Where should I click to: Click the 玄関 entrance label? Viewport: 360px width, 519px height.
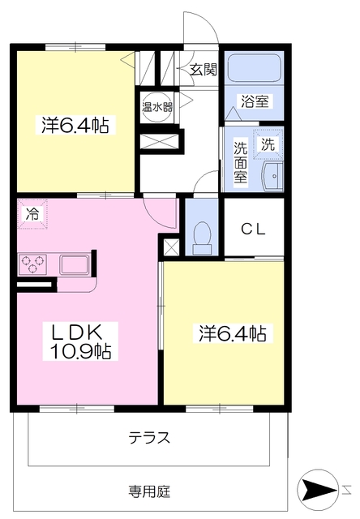(204, 70)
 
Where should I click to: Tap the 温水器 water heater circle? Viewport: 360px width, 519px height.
(157, 107)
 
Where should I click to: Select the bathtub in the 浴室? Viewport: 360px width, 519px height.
(255, 67)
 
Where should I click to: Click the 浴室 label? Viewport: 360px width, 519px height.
(255, 101)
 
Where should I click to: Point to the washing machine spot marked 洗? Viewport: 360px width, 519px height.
(268, 144)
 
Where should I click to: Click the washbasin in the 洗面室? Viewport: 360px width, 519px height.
(273, 176)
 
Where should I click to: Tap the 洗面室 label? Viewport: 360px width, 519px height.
(241, 162)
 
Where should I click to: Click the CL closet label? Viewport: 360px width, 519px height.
(254, 229)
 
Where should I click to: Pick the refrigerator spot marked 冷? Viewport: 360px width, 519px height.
(32, 214)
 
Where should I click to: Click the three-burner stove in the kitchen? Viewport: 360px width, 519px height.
(32, 264)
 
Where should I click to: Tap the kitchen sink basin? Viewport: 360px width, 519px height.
(74, 264)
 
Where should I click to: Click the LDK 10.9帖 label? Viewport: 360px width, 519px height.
(80, 341)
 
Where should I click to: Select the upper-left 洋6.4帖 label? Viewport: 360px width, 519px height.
(75, 125)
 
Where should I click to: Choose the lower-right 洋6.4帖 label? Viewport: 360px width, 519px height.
(233, 333)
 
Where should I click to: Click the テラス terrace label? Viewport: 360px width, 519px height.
(149, 438)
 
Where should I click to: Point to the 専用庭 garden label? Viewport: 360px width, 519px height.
(149, 492)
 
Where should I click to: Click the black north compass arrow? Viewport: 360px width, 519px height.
(319, 489)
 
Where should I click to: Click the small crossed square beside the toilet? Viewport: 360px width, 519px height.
(171, 247)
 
